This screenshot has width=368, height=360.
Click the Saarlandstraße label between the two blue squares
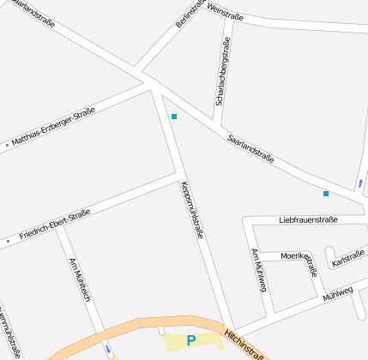pyautogui.click(x=250, y=148)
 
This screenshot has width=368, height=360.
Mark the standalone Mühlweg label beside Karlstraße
pyautogui.click(x=338, y=293)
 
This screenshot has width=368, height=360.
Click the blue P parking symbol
pyautogui.click(x=191, y=340)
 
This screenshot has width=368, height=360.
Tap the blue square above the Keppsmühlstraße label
pyautogui.click(x=174, y=117)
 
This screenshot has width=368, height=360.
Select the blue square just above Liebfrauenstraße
pyautogui.click(x=326, y=194)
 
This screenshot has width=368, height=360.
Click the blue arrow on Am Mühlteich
pyautogui.click(x=106, y=350)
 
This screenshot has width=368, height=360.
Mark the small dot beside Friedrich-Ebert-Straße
pyautogui.click(x=9, y=242)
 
